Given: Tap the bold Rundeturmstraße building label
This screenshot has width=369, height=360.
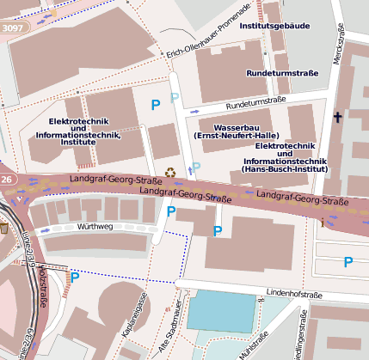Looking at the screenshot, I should tap(282, 73).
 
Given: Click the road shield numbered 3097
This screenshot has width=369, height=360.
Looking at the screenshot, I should tap(14, 27).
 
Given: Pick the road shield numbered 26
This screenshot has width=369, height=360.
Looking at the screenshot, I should tap(7, 180).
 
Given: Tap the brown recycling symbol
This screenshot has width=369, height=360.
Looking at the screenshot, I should tap(170, 173).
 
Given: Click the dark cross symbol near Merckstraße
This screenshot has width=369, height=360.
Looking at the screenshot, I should tap(337, 118).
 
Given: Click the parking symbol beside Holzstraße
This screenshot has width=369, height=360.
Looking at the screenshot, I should tap(75, 277).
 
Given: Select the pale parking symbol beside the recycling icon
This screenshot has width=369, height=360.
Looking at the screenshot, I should tap(196, 167).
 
